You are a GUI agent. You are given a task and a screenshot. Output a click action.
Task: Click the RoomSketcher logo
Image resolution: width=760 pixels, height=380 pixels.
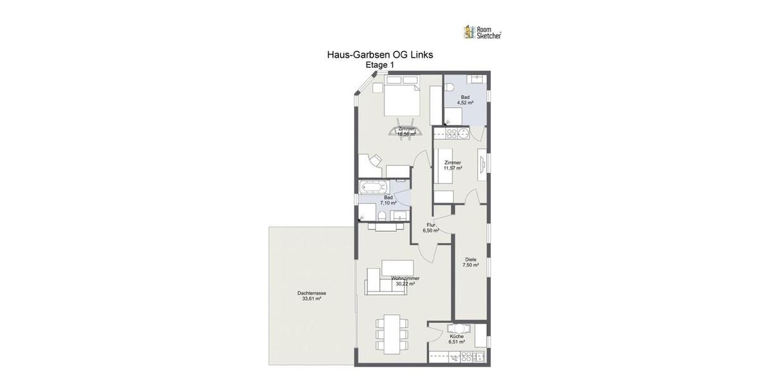pyautogui.click(x=483, y=32)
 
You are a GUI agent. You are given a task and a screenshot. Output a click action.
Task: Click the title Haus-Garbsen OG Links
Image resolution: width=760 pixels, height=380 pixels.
pyautogui.click(x=380, y=54)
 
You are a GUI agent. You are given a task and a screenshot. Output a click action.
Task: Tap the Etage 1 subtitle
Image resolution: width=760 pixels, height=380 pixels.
pyautogui.click(x=380, y=65)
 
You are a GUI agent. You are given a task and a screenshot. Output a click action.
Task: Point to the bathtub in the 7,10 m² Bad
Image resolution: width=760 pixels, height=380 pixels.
pyautogui.click(x=374, y=187)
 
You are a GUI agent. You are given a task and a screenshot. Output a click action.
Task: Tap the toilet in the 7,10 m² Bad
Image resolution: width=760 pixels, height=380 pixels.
pyautogui.click(x=382, y=217)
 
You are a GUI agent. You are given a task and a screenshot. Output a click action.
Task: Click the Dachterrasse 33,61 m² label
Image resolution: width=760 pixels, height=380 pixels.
pyautogui.click(x=312, y=296)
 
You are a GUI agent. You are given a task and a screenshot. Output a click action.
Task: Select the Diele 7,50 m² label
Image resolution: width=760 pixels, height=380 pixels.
pyautogui.click(x=471, y=262)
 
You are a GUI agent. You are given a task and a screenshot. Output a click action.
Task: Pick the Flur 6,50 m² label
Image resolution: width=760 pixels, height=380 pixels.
pyautogui.click(x=431, y=227)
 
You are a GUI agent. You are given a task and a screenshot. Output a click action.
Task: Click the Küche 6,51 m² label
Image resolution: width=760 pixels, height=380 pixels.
pyautogui.click(x=457, y=339)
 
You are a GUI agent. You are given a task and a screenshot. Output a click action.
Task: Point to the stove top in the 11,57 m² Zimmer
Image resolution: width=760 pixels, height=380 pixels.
pyautogui.click(x=452, y=133)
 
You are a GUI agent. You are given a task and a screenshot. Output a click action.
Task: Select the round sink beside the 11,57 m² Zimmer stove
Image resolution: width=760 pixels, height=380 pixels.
pyautogui.click(x=464, y=133)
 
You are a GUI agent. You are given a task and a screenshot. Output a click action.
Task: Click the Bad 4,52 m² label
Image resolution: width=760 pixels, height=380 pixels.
pyautogui.click(x=465, y=99)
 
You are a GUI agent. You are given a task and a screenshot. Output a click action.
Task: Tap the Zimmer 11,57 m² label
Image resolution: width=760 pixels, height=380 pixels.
pyautogui.click(x=453, y=165)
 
